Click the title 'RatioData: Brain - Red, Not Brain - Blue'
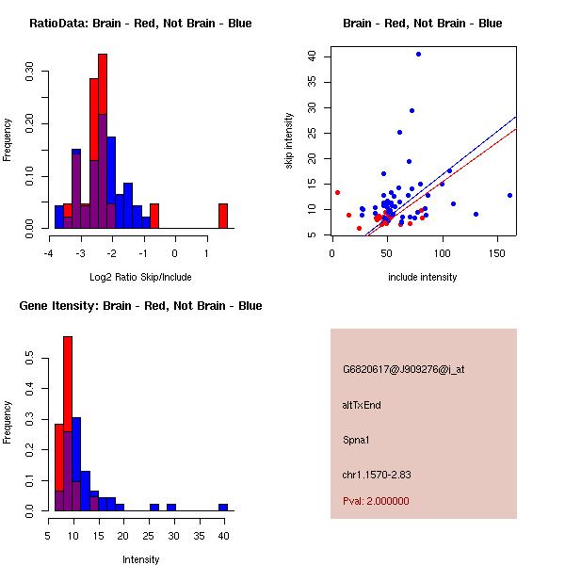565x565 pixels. (140, 24)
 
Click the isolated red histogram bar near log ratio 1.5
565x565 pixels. (223, 216)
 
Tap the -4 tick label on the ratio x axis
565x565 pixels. (49, 253)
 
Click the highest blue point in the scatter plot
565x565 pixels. (418, 54)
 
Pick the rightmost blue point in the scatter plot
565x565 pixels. (509, 195)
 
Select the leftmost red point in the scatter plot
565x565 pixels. (337, 192)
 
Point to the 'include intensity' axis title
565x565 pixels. (423, 277)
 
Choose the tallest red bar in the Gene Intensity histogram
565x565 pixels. (68, 424)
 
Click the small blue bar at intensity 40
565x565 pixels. (223, 507)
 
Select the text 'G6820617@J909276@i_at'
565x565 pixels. (403, 369)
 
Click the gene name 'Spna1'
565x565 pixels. (356, 439)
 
